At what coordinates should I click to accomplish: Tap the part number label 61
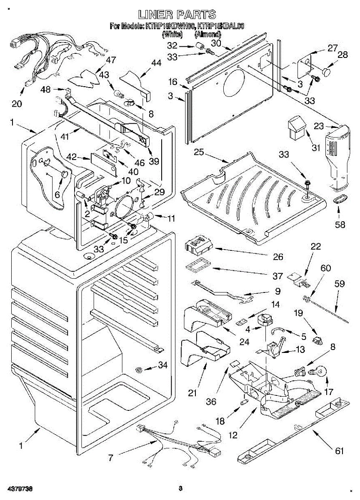click(x=340, y=450)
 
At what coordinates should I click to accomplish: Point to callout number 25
click(x=199, y=152)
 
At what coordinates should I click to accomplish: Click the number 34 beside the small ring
click(x=162, y=365)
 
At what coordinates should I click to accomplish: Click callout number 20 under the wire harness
click(x=17, y=104)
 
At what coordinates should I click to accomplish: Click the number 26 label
click(x=277, y=257)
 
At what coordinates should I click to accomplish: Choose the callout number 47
click(x=110, y=60)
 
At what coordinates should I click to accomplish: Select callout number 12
click(x=233, y=435)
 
